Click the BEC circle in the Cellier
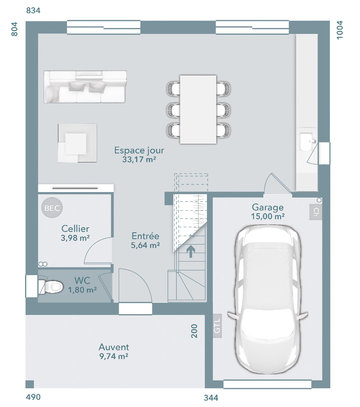(x=52, y=208)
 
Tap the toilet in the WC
(x=51, y=287)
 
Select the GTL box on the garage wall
(x=217, y=326)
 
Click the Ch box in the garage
(x=315, y=212)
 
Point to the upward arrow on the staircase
(x=191, y=251)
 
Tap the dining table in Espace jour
(x=198, y=109)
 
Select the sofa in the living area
(x=85, y=86)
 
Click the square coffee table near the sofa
(x=77, y=143)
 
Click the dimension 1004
(x=340, y=30)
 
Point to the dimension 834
(x=33, y=10)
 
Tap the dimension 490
(x=33, y=397)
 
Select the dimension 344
(x=211, y=398)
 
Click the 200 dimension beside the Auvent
(x=194, y=331)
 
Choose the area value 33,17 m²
(x=139, y=159)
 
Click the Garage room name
(x=268, y=207)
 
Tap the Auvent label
(x=114, y=347)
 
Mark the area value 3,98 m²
(x=75, y=238)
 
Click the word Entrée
(x=145, y=236)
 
